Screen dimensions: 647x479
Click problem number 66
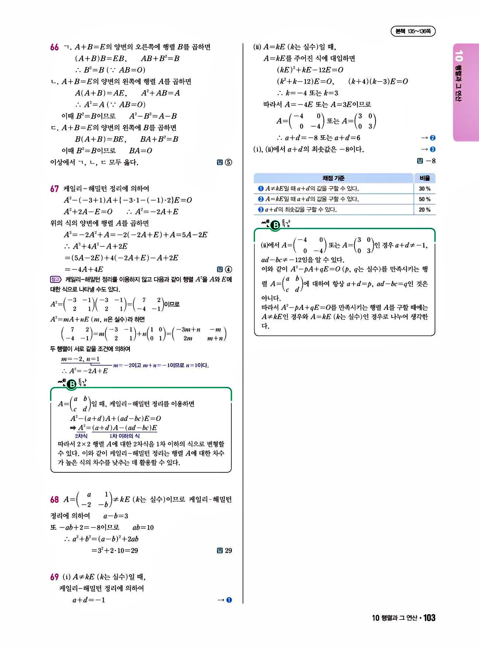pos(54,47)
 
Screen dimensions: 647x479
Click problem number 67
pos(54,189)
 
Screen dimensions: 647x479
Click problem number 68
pos(54,499)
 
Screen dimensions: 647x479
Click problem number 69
pos(54,577)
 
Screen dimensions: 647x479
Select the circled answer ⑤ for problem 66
pos(228,162)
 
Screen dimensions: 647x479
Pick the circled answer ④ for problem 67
pos(228,269)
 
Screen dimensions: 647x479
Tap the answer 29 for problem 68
pos(228,551)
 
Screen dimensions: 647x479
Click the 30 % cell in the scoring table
pos(424,189)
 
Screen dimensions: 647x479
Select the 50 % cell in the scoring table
pos(424,199)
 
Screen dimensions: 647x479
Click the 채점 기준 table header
pos(334,178)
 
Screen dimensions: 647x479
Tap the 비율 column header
pos(425,178)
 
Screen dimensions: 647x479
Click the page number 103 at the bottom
pos(429,618)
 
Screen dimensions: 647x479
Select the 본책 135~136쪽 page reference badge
pos(413,31)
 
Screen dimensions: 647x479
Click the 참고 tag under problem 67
pos(55,280)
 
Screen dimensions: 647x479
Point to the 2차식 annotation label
pos(81,436)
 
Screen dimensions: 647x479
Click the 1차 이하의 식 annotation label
pos(124,436)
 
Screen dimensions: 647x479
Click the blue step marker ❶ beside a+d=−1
pos(229,600)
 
